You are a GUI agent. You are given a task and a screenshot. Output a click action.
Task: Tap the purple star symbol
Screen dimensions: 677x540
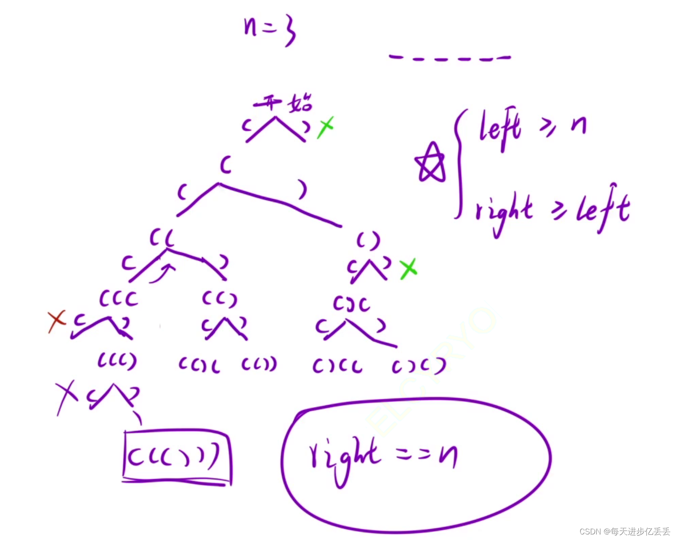(x=430, y=163)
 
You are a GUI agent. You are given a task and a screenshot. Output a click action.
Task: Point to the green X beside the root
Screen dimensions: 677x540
(x=325, y=127)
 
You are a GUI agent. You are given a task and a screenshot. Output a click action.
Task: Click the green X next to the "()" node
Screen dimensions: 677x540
(x=408, y=269)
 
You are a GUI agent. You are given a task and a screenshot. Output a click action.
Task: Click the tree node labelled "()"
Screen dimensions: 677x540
(x=368, y=240)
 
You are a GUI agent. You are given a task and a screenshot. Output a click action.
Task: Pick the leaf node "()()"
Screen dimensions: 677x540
(x=418, y=366)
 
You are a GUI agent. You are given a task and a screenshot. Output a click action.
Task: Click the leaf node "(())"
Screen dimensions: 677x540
(x=259, y=365)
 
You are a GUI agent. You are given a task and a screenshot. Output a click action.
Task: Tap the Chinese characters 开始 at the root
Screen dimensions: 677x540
(x=283, y=103)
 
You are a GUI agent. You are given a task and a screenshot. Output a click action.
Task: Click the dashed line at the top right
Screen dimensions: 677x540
(x=449, y=57)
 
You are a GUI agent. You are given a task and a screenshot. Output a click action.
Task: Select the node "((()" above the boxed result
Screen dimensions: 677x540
(x=117, y=361)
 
